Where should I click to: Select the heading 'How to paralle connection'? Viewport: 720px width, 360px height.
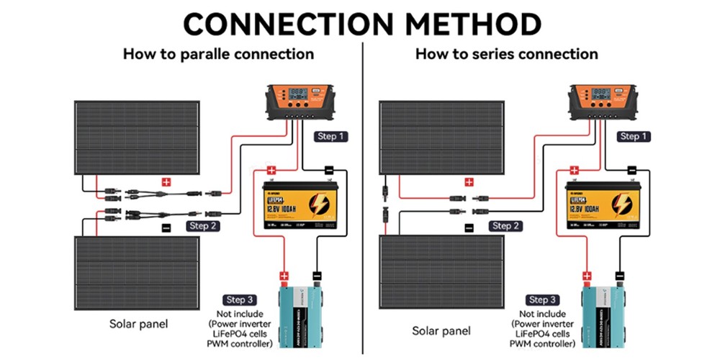pos(218,54)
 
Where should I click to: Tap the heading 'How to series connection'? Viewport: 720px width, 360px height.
pos(506,54)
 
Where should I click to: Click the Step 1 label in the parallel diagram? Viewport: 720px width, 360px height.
pos(331,135)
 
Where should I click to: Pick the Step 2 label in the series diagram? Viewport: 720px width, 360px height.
pos(506,225)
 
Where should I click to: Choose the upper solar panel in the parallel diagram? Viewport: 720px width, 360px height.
pos(137,137)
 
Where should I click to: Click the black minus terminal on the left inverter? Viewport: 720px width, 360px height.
pos(316,275)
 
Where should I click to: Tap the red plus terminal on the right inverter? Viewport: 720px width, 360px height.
pos(587,275)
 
